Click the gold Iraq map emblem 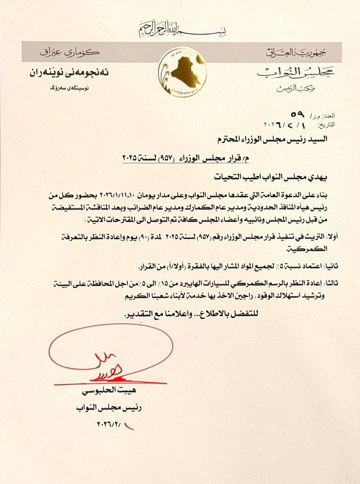[x=180, y=73]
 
